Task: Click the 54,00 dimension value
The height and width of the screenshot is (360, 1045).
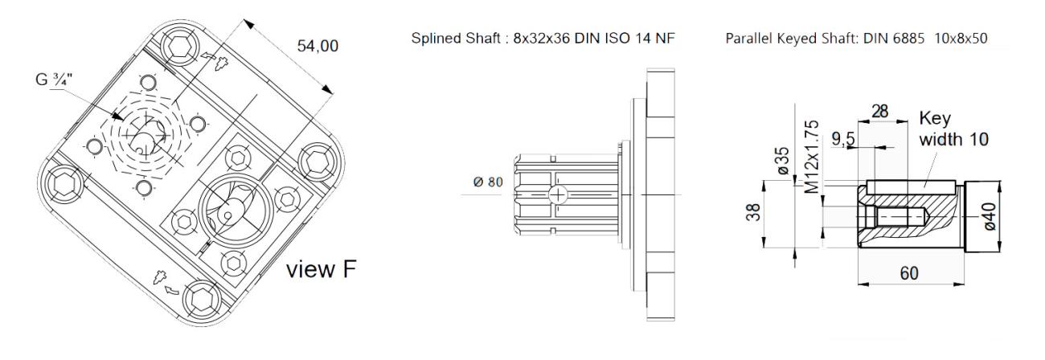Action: [x=318, y=46]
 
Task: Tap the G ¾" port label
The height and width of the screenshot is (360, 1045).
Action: [x=54, y=80]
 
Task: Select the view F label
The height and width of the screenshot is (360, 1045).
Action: [x=321, y=269]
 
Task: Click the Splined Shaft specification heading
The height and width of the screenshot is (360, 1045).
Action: [x=543, y=39]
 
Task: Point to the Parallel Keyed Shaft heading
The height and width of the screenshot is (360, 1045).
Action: [x=857, y=39]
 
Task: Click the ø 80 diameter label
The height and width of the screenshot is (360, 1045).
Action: [x=488, y=182]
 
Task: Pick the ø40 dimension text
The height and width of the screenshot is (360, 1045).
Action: [x=989, y=216]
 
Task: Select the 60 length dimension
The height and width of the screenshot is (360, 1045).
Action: [x=909, y=273]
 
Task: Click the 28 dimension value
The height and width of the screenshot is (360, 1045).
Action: [x=880, y=111]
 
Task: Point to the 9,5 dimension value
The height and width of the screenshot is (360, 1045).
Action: [x=843, y=138]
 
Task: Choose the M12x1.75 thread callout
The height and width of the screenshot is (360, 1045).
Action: [x=812, y=157]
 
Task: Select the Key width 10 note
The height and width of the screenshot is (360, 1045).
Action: [x=953, y=129]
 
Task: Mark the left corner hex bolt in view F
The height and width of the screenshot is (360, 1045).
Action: [x=63, y=183]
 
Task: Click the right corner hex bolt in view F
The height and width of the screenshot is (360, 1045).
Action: [x=318, y=162]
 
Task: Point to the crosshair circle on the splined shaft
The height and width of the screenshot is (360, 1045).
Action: [x=558, y=194]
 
